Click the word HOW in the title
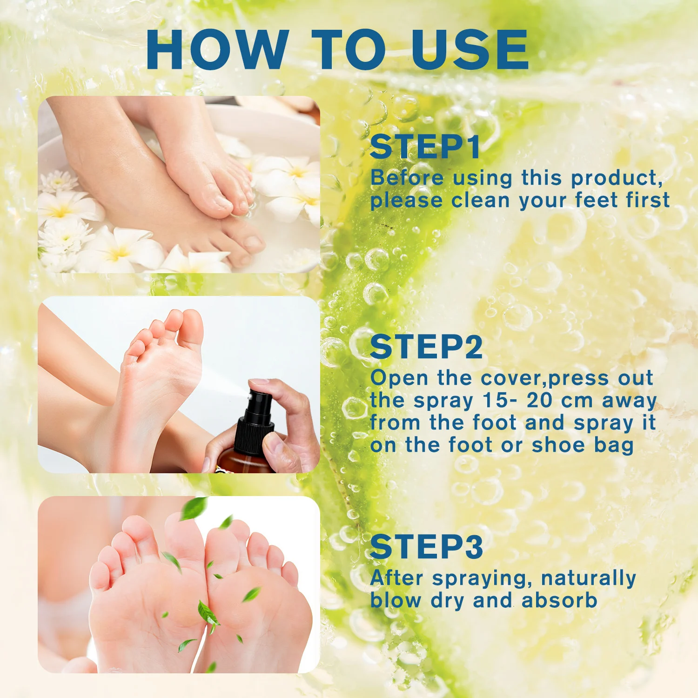click(218, 50)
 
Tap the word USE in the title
click(470, 50)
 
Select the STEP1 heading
click(425, 147)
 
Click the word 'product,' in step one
click(617, 178)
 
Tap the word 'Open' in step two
click(399, 378)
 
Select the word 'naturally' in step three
click(589, 578)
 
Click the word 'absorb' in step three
click(559, 600)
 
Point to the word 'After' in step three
click(397, 578)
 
